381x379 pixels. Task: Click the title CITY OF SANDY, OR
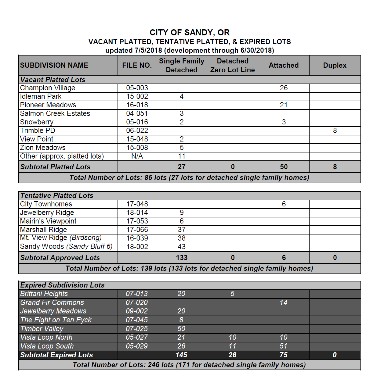point(190,33)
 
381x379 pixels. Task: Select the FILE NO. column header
point(137,65)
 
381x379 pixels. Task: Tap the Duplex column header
point(335,65)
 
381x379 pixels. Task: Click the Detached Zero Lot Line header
point(232,65)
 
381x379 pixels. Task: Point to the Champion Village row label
point(48,88)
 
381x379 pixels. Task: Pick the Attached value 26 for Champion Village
point(284,88)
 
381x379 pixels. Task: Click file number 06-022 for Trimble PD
point(137,131)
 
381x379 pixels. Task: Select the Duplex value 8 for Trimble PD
point(335,131)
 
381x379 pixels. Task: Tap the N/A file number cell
point(137,156)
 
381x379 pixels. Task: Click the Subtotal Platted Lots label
point(55,167)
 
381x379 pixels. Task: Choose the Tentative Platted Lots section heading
point(57,196)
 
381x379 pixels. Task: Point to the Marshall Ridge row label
point(43,230)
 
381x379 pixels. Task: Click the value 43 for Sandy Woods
point(182,247)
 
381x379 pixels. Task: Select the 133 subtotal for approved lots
point(182,258)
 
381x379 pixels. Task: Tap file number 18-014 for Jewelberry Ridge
point(137,213)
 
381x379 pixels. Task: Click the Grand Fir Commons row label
point(52,303)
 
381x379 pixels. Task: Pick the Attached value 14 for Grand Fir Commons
point(284,303)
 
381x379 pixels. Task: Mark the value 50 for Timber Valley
point(181,329)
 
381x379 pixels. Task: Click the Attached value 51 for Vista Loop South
point(284,346)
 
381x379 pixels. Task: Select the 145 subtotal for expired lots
point(181,355)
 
